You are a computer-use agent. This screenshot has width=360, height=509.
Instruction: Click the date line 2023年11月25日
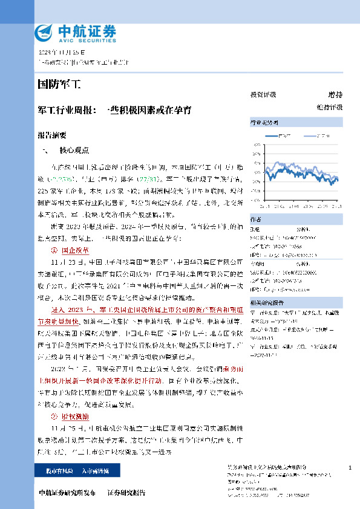59,53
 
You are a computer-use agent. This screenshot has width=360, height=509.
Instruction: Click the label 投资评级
263,95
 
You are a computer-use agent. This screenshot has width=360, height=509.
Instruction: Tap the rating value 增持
335,95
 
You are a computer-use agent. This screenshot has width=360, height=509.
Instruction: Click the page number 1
351,468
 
